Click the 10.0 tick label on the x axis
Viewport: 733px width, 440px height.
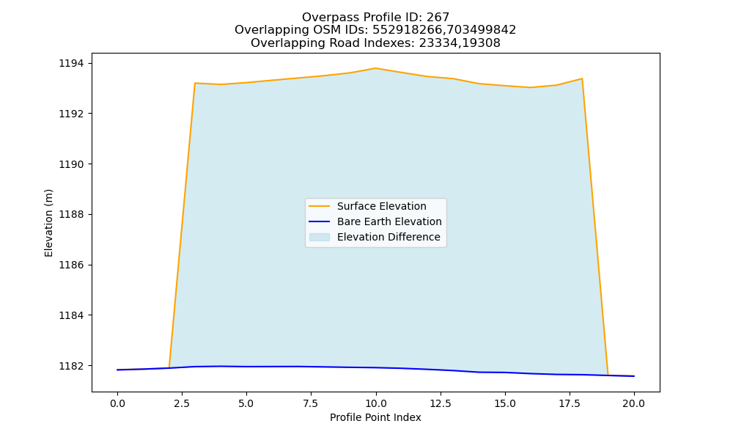pyautogui.click(x=376, y=403)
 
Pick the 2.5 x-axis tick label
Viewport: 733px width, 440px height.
pyautogui.click(x=181, y=403)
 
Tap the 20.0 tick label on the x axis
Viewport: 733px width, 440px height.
pyautogui.click(x=634, y=403)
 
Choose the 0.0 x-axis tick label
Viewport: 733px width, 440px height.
pyautogui.click(x=117, y=403)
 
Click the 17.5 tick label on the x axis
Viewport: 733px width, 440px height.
pyautogui.click(x=570, y=403)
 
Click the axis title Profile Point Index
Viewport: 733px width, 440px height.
pyautogui.click(x=375, y=417)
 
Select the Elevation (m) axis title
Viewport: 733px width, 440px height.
pyautogui.click(x=48, y=223)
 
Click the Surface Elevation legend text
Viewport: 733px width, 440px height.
pyautogui.click(x=381, y=206)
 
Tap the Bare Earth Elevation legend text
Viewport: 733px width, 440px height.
pyautogui.click(x=389, y=221)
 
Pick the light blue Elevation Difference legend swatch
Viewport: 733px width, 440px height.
pyautogui.click(x=320, y=237)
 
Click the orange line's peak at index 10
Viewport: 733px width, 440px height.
pyautogui.click(x=375, y=68)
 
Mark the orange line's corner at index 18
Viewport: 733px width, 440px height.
pyautogui.click(x=582, y=78)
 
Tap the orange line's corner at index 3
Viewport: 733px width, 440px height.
pyautogui.click(x=194, y=83)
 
